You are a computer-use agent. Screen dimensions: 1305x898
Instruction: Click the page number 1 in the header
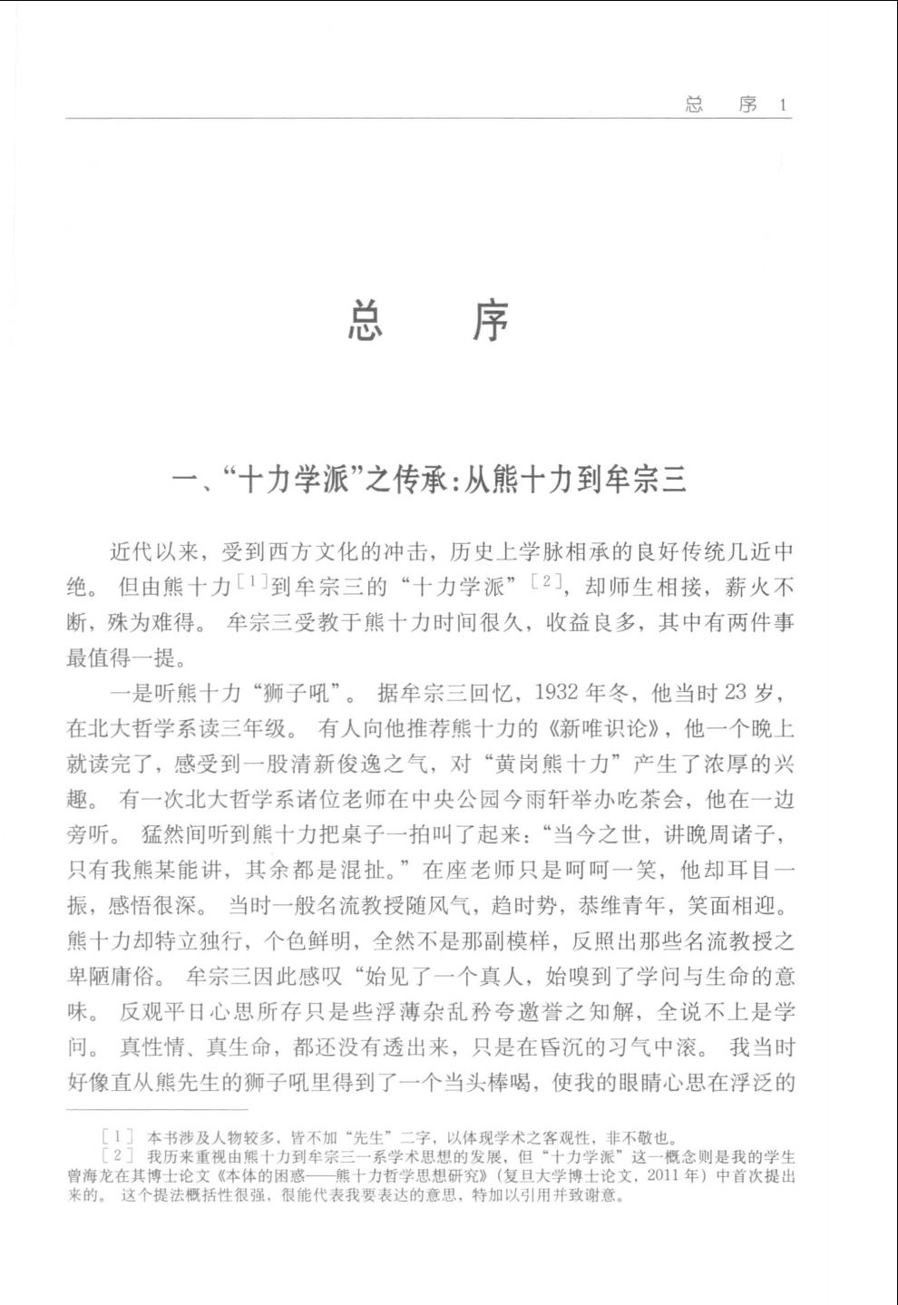pyautogui.click(x=784, y=105)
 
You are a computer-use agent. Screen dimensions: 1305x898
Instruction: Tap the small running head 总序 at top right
pyautogui.click(x=722, y=105)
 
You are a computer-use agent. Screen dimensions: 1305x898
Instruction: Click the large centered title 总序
pyautogui.click(x=429, y=321)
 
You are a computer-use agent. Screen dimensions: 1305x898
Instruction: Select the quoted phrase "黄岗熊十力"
pyautogui.click(x=567, y=764)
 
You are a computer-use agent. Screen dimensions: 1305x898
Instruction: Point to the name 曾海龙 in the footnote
pyautogui.click(x=87, y=1176)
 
